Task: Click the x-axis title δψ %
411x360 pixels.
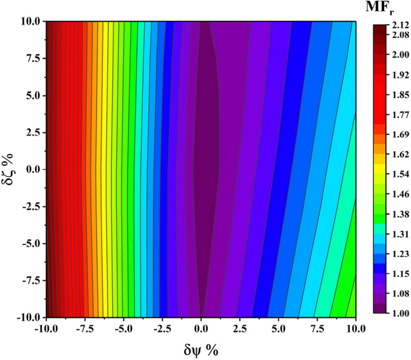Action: coord(202,350)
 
